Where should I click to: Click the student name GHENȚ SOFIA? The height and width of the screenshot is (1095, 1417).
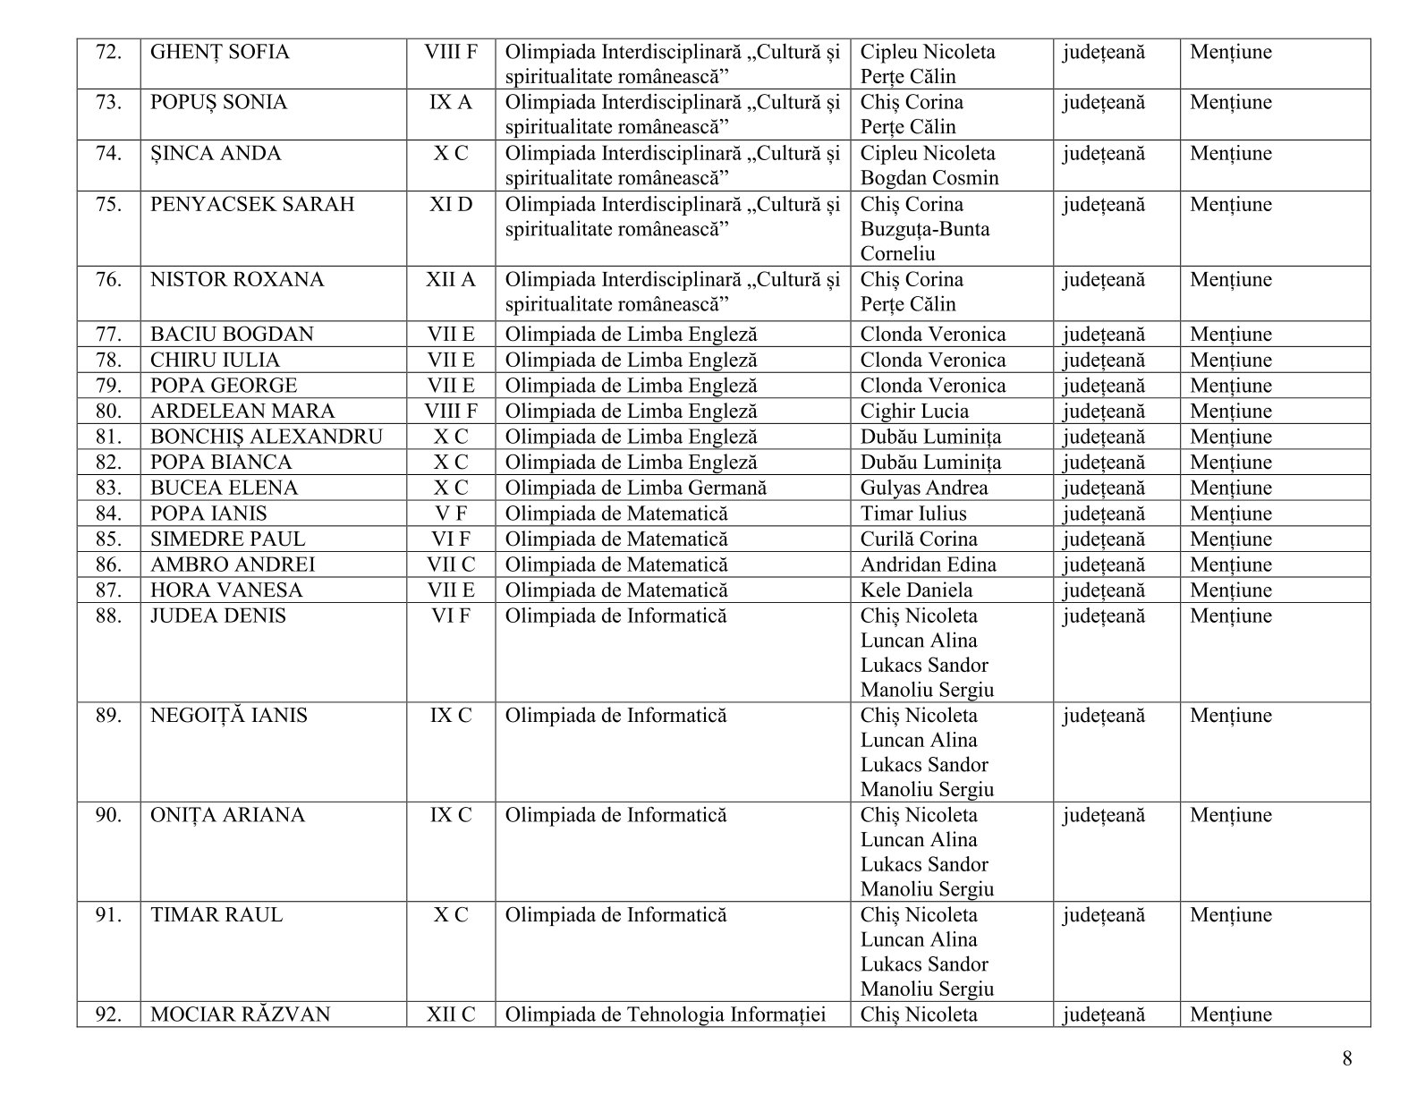pyautogui.click(x=220, y=52)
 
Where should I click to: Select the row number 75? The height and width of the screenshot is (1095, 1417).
pyautogui.click(x=108, y=205)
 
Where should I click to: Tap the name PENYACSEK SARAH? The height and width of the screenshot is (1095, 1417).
pyautogui.click(x=252, y=205)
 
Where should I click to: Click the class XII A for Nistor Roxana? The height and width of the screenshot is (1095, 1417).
pyautogui.click(x=451, y=280)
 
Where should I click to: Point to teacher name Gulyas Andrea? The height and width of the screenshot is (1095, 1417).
pyautogui.click(x=924, y=488)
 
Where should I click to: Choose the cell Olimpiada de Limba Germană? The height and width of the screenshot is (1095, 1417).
pyautogui.click(x=635, y=488)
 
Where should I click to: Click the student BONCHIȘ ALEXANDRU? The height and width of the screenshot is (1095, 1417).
pyautogui.click(x=267, y=437)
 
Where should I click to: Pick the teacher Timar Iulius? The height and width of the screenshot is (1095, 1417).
pyautogui.click(x=913, y=514)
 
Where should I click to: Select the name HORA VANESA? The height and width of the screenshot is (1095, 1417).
pyautogui.click(x=226, y=591)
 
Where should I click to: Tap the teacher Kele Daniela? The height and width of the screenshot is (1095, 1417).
pyautogui.click(x=917, y=591)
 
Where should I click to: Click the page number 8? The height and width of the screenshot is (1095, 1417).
pyautogui.click(x=1347, y=1060)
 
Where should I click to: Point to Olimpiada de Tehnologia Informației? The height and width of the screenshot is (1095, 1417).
pyautogui.click(x=665, y=1015)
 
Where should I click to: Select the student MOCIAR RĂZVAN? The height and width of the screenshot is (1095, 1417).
pyautogui.click(x=241, y=1015)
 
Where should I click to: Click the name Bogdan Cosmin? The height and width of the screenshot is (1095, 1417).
pyautogui.click(x=929, y=178)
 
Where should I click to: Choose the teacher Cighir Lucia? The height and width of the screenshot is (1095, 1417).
pyautogui.click(x=914, y=412)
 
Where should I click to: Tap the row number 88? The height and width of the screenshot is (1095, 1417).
pyautogui.click(x=108, y=616)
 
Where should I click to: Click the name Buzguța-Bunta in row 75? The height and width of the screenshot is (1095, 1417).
pyautogui.click(x=925, y=229)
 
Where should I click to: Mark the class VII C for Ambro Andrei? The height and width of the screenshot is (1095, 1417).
pyautogui.click(x=451, y=565)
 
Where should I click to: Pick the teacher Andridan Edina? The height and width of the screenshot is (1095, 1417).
pyautogui.click(x=928, y=565)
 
